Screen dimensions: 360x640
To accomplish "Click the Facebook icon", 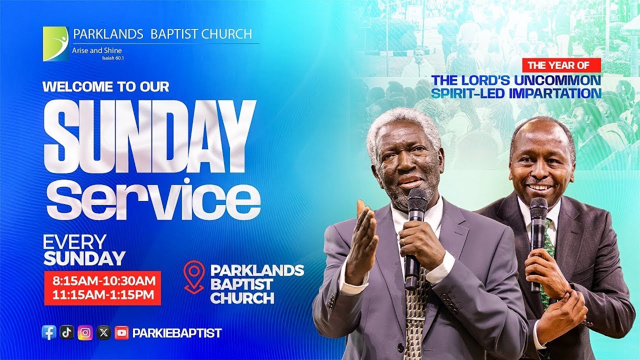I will tap(49, 332).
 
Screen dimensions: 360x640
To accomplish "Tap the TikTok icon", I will tap(67, 332).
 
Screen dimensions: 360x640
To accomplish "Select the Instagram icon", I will tap(85, 332).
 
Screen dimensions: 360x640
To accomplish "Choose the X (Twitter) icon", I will tap(103, 332).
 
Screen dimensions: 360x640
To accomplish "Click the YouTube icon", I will tap(121, 332).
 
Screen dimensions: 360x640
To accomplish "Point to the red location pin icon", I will tap(194, 276).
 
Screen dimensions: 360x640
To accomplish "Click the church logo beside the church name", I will tap(56, 44).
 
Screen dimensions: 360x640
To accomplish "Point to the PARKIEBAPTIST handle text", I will tap(177, 333).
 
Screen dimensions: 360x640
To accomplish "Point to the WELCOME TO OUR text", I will tap(106, 86).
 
